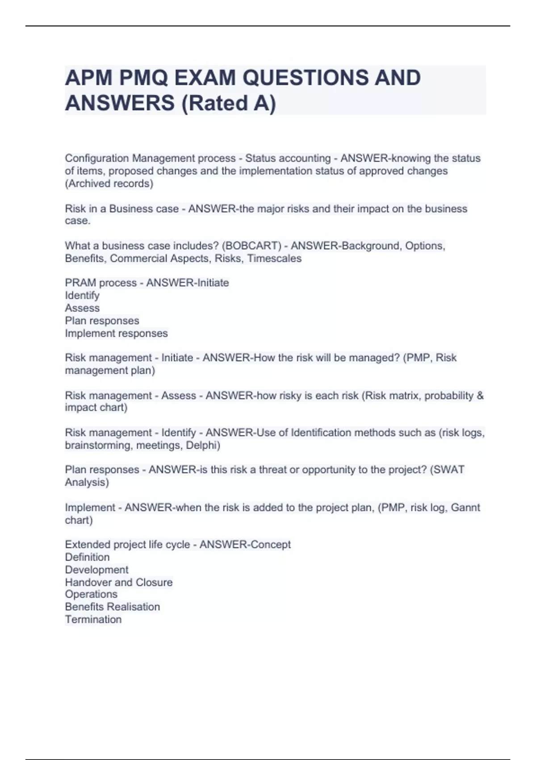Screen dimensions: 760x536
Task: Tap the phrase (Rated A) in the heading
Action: click(x=228, y=103)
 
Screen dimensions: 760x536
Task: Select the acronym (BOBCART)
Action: click(x=251, y=246)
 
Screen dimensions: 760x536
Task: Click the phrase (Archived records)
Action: click(x=109, y=184)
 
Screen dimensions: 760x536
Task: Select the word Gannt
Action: click(x=465, y=507)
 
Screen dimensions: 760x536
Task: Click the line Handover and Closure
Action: click(x=118, y=582)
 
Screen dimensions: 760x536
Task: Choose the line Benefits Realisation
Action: click(x=112, y=607)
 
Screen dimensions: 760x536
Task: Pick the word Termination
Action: click(x=93, y=619)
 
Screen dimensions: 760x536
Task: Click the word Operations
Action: click(x=91, y=594)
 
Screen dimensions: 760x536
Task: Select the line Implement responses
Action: click(x=116, y=333)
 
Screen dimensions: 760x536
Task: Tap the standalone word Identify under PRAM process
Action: click(x=82, y=296)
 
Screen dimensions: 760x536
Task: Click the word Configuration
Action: click(x=97, y=158)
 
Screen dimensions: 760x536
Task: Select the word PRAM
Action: click(x=80, y=283)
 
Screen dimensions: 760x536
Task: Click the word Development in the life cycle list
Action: click(x=96, y=570)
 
